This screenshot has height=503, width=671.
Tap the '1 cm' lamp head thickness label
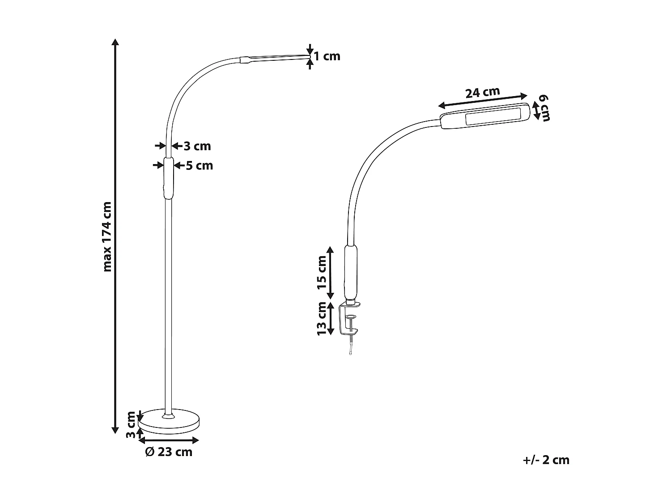[x=327, y=56]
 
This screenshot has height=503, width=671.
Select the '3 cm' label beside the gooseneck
[x=197, y=146]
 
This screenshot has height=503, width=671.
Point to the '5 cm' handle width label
[x=200, y=166]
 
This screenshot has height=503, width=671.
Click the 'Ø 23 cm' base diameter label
[x=169, y=452]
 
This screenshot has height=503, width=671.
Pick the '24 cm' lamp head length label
[x=482, y=93]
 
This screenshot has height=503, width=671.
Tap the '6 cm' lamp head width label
[x=545, y=108]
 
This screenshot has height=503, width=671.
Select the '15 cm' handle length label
[x=322, y=273]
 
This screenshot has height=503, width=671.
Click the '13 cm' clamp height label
[x=322, y=318]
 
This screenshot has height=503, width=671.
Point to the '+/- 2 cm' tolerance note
[x=546, y=460]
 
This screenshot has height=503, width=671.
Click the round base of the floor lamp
[x=169, y=421]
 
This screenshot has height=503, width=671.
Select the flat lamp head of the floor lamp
[x=275, y=57]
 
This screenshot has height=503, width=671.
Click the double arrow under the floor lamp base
[x=169, y=441]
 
